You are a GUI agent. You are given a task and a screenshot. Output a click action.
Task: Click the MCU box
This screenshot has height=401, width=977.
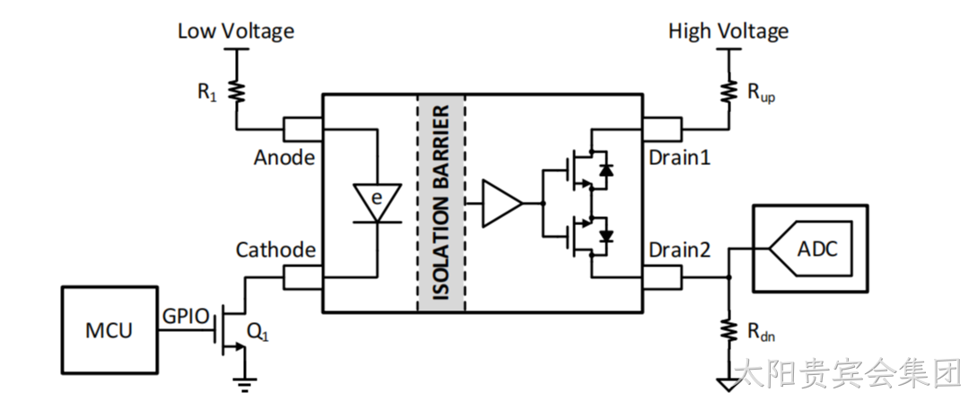click(109, 330)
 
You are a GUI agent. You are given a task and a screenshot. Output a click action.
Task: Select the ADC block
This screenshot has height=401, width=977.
click(810, 248)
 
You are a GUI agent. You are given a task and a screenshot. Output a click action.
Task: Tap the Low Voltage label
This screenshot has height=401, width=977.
click(236, 31)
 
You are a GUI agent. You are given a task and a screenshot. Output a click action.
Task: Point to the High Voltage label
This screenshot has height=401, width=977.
click(728, 31)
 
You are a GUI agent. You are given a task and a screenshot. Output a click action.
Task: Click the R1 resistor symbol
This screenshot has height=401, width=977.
click(237, 92)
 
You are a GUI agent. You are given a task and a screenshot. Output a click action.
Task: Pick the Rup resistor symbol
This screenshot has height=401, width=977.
click(728, 92)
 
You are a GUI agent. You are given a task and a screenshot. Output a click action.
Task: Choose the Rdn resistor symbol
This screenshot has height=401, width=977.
click(728, 329)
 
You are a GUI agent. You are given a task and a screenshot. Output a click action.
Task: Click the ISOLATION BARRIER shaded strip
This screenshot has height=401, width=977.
click(441, 203)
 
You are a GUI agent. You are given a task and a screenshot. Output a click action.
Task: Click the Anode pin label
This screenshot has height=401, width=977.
click(284, 158)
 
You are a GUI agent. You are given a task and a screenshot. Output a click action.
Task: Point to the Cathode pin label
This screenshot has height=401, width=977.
click(275, 249)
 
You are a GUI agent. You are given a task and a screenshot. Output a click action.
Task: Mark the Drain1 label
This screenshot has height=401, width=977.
click(680, 158)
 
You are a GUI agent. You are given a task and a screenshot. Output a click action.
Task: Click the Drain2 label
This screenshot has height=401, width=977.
click(680, 249)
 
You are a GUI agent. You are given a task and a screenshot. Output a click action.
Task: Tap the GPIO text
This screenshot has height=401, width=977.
click(186, 317)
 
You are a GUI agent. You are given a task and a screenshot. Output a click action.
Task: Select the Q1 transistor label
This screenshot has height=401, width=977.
click(258, 333)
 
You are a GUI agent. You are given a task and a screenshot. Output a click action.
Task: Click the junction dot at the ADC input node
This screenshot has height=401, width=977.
click(728, 277)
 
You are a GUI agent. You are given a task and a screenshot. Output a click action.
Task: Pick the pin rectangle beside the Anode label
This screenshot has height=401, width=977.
click(303, 129)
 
